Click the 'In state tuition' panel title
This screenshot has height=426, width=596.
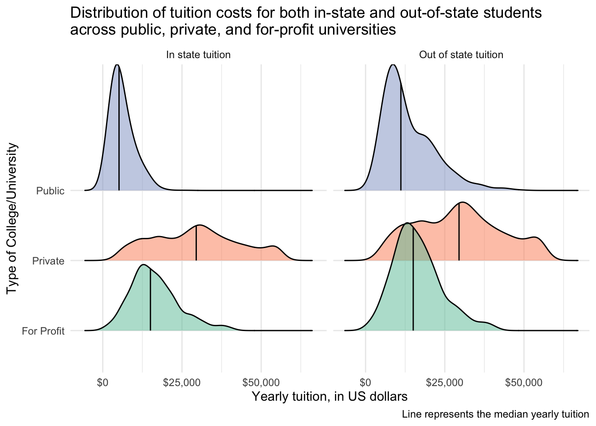point(198,55)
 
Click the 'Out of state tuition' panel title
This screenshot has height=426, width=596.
point(461,55)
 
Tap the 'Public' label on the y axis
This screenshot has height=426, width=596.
point(50,191)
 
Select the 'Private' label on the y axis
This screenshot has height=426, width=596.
point(48,261)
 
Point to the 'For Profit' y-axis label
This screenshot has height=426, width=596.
point(43,331)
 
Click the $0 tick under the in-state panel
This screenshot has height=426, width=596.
point(102,383)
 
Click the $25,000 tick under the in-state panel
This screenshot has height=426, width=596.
point(182,383)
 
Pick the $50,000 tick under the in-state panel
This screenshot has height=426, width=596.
point(261,383)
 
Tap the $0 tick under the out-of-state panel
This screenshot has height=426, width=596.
point(365,383)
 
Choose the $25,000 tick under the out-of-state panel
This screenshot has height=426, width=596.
point(445,383)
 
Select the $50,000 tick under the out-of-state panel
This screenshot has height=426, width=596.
point(524,383)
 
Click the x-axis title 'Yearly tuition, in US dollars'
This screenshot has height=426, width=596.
point(329,396)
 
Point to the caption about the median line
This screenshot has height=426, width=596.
point(495,415)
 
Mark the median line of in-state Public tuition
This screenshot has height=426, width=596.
point(119,133)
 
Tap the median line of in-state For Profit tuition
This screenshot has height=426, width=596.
point(150,302)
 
